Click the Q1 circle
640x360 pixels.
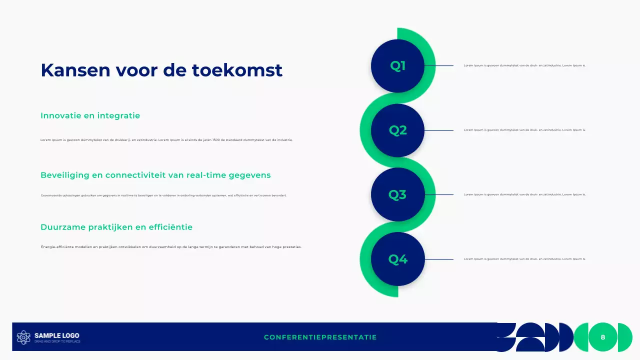[x=397, y=66]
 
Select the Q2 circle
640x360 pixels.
[x=397, y=130]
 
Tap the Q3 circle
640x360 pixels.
[x=397, y=194]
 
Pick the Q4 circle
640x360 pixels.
[x=397, y=259]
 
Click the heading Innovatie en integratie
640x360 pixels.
[x=90, y=115]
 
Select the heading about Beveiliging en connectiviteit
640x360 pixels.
[x=155, y=175]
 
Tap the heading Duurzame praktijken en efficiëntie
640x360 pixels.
[x=116, y=227]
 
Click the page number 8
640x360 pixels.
[x=602, y=337]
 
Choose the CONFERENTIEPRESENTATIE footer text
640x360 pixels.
[x=320, y=337]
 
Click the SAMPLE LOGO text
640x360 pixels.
[x=56, y=335]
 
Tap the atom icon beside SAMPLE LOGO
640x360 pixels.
[x=23, y=337]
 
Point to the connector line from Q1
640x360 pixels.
[x=438, y=65]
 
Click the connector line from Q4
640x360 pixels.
[x=438, y=259]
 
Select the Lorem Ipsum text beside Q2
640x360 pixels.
[x=524, y=130]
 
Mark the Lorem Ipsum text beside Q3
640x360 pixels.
[x=524, y=194]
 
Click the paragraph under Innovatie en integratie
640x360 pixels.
[x=166, y=140]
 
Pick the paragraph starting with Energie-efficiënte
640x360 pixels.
[x=171, y=246]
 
